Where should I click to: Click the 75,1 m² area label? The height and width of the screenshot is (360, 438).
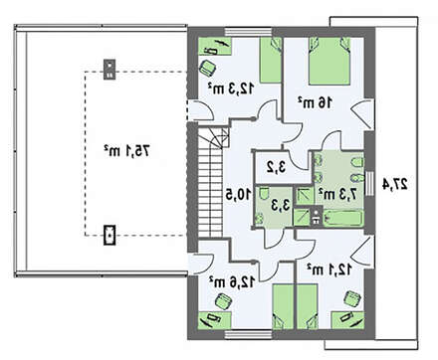pyautogui.click(x=126, y=151)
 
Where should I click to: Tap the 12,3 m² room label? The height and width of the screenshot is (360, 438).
pyautogui.click(x=231, y=89)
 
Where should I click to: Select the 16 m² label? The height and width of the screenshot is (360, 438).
pyautogui.click(x=315, y=102)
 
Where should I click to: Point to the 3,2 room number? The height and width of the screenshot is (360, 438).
pyautogui.click(x=276, y=167)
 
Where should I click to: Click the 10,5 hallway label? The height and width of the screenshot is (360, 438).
pyautogui.click(x=239, y=195)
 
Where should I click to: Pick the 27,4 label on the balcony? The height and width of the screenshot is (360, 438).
pyautogui.click(x=395, y=184)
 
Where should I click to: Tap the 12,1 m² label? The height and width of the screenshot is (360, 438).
pyautogui.click(x=328, y=270)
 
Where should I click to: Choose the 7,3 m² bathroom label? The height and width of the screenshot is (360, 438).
pyautogui.click(x=337, y=194)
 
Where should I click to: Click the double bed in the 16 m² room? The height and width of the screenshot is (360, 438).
pyautogui.click(x=329, y=61)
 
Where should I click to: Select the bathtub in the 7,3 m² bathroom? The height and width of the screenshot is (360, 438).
pyautogui.click(x=342, y=219)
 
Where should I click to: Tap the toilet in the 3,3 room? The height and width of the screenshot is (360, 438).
pyautogui.click(x=264, y=194)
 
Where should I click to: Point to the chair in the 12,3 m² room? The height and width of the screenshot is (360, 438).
pyautogui.click(x=208, y=68)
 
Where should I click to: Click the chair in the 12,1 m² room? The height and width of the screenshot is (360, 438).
pyautogui.click(x=352, y=298)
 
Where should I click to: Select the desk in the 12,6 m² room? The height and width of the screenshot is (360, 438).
pyautogui.click(x=215, y=320)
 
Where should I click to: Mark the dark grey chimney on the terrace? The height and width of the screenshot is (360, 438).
pyautogui.click(x=109, y=69)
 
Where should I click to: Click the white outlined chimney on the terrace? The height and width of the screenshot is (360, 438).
pyautogui.click(x=109, y=235)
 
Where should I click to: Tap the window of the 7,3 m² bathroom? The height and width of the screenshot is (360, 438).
pyautogui.click(x=369, y=183)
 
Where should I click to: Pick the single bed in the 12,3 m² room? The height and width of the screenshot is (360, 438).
pyautogui.click(x=271, y=60)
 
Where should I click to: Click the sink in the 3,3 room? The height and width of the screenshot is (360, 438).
pyautogui.click(x=259, y=219)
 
